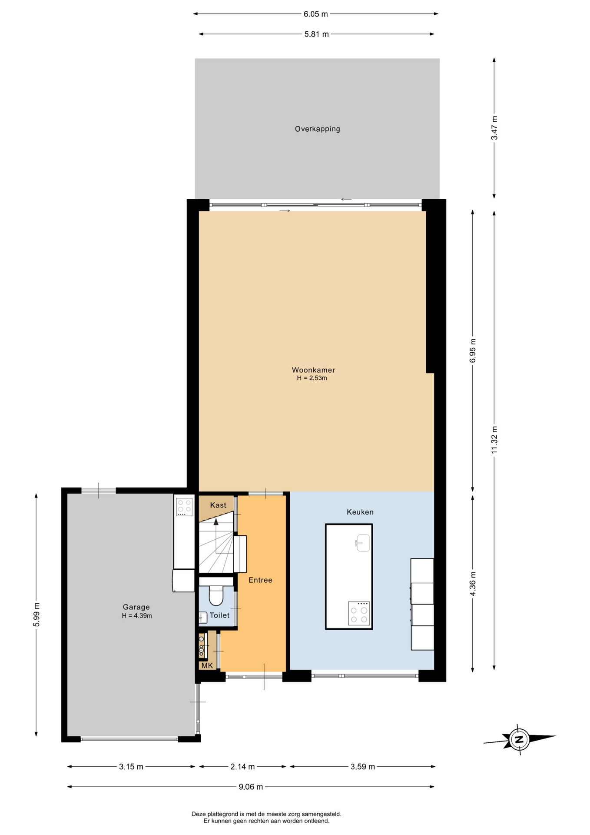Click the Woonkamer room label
[313, 370]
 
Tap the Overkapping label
[317, 129]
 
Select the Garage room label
[136, 607]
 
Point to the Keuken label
[360, 512]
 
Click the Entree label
[260, 580]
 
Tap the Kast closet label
[218, 505]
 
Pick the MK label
[207, 665]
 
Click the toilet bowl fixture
[216, 595]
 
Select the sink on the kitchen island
[363, 543]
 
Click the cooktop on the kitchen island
[359, 614]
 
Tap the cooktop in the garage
[184, 507]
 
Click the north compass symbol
[519, 739]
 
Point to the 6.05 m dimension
[316, 14]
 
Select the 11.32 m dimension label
[494, 440]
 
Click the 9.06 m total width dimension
[251, 786]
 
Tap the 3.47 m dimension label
[494, 128]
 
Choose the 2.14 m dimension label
[242, 766]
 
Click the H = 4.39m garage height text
[137, 616]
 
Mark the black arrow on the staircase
[216, 522]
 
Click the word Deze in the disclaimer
[198, 814]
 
